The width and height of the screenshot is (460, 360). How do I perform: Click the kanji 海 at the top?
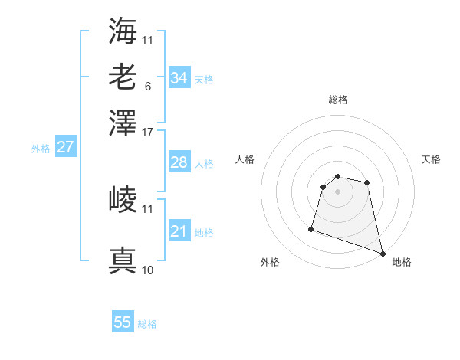click(x=123, y=30)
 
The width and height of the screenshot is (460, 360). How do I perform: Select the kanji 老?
click(x=123, y=77)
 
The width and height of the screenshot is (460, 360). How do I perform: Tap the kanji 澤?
click(x=123, y=122)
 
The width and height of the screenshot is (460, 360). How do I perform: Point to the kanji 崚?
click(x=123, y=200)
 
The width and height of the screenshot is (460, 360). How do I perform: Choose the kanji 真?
click(x=123, y=260)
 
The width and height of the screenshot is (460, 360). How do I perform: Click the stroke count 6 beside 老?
click(x=147, y=86)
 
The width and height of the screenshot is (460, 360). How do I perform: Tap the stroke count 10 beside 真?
click(x=148, y=270)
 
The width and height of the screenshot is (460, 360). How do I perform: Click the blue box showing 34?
click(x=179, y=77)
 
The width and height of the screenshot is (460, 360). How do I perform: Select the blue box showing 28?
click(x=179, y=162)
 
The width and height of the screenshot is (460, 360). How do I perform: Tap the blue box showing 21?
click(x=179, y=231)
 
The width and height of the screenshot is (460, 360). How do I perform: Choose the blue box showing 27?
click(x=65, y=147)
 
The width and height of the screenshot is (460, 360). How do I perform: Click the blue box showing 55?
click(x=123, y=322)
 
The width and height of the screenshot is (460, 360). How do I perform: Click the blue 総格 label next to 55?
click(x=147, y=324)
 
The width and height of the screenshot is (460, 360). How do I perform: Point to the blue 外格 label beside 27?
click(x=41, y=149)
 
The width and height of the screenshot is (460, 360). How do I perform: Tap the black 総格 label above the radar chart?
click(x=337, y=100)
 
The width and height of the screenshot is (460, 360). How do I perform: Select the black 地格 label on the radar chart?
click(x=402, y=262)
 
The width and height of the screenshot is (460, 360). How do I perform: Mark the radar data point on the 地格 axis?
click(x=382, y=253)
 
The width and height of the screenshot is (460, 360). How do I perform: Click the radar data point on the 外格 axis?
click(x=311, y=228)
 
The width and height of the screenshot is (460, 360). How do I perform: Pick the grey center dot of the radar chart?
click(x=337, y=191)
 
